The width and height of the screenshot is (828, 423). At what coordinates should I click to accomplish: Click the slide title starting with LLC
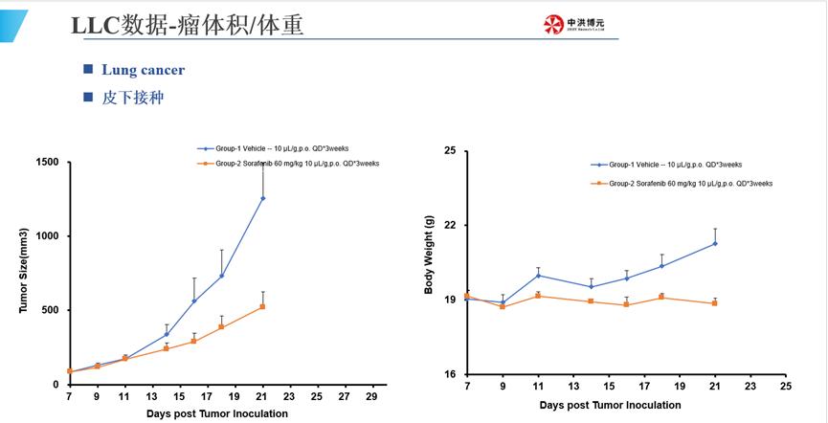click(188, 26)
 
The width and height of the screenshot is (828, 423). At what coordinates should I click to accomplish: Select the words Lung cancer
click(143, 70)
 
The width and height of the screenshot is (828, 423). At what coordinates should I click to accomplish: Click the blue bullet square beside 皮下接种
click(88, 97)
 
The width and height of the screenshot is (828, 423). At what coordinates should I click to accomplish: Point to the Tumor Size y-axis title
click(24, 273)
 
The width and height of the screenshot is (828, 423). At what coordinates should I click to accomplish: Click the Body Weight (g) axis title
click(428, 261)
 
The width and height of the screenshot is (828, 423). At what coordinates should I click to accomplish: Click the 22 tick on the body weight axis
click(450, 225)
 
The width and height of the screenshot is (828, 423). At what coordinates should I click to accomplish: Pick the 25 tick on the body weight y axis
click(450, 150)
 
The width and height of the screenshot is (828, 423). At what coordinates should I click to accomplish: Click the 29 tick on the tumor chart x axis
click(372, 395)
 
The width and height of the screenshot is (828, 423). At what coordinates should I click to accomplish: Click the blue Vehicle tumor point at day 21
click(262, 198)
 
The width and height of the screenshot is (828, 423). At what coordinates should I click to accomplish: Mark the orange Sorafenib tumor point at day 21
click(262, 306)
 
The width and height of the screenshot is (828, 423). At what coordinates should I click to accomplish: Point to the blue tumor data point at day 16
click(193, 301)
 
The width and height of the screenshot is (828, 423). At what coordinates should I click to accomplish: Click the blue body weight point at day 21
click(715, 243)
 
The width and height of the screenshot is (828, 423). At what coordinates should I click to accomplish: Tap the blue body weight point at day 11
click(538, 276)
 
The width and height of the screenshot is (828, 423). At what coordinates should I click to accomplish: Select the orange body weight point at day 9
click(503, 306)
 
